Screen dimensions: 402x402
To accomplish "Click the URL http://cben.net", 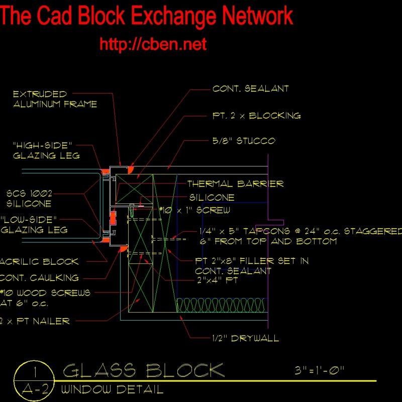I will click(x=153, y=44).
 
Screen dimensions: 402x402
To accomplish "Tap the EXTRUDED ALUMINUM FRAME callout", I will click(x=54, y=99).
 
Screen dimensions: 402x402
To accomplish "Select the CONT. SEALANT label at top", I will click(x=250, y=89).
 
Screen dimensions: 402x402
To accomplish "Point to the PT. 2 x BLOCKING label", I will click(x=256, y=116).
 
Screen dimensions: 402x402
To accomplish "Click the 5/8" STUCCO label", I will click(x=244, y=141).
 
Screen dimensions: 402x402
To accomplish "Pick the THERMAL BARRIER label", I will click(x=235, y=184).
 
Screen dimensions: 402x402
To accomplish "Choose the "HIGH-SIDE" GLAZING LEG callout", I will click(x=46, y=150).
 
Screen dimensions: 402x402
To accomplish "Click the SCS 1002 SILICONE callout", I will click(x=29, y=198).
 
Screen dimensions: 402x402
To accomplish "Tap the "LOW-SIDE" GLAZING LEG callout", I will click(x=34, y=225).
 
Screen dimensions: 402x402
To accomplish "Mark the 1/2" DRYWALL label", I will click(x=246, y=338).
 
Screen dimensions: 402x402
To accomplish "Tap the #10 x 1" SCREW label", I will click(x=195, y=210).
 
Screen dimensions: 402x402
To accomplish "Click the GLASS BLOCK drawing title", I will click(x=143, y=371).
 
